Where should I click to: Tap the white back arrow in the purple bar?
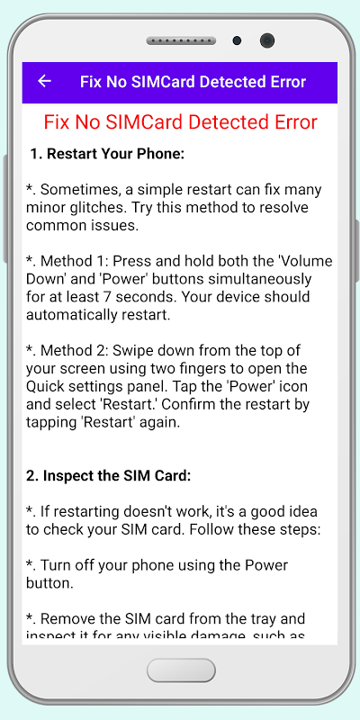click(44, 81)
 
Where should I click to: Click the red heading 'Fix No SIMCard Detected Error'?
click(181, 122)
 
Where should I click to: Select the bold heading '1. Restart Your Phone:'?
click(107, 154)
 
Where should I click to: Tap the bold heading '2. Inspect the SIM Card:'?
click(108, 476)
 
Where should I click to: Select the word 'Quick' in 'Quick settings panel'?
click(46, 386)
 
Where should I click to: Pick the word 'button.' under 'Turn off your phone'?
click(50, 583)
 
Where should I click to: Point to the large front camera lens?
click(266, 40)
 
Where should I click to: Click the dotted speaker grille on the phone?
click(181, 40)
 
